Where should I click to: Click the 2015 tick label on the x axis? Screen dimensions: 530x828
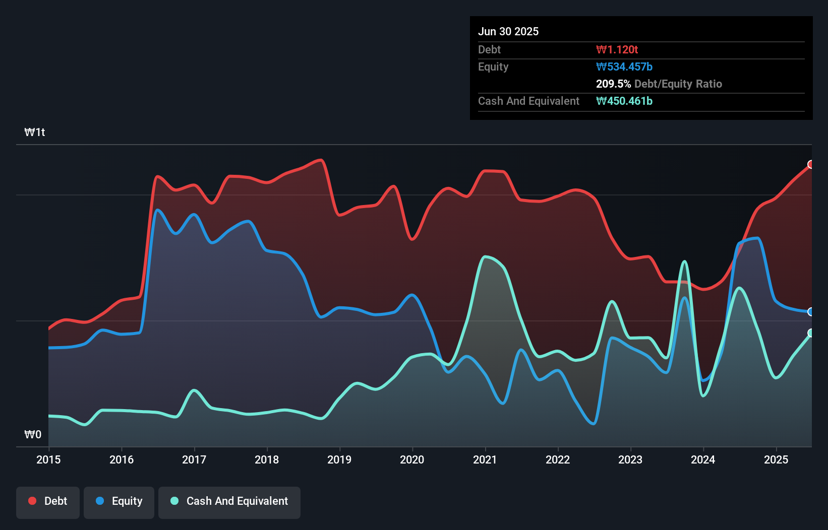coord(48,459)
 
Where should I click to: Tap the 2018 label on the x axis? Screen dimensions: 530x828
coord(267,459)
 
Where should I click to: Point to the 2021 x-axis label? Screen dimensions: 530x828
coord(485,459)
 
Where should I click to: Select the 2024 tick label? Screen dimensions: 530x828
coord(703,459)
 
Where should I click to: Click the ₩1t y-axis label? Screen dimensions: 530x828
coord(35,132)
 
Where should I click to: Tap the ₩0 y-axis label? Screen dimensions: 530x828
coord(33,434)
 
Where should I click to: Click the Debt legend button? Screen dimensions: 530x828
coord(48,501)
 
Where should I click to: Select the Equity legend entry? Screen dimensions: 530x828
coord(119,501)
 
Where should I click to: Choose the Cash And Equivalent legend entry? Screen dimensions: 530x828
coord(229,501)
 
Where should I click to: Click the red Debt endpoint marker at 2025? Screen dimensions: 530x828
coord(811,164)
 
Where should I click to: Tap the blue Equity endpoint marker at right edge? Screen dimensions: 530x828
coord(811,312)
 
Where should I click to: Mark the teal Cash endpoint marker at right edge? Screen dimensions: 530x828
coord(811,333)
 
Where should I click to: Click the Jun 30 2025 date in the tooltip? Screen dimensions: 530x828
coord(508,31)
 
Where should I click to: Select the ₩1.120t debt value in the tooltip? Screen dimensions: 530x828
coord(617,49)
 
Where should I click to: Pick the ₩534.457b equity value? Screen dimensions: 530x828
coord(624,67)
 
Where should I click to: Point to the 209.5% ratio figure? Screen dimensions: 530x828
coord(613,84)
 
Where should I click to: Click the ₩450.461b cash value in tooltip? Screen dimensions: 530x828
coord(624,101)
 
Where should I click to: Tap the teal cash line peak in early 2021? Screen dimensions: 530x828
coord(485,257)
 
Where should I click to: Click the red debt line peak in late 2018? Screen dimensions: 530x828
coord(321,160)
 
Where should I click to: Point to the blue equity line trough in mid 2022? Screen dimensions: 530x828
coord(594,424)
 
